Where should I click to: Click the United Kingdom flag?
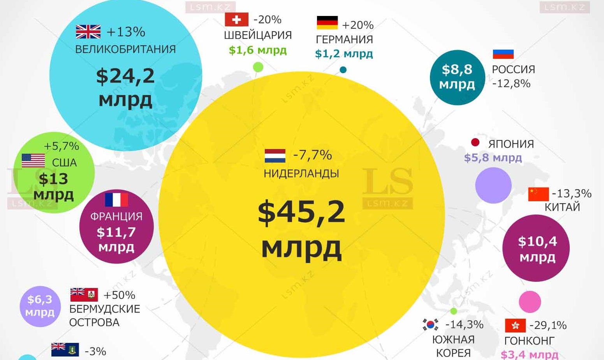click(88, 32)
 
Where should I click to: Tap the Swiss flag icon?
click(236, 19)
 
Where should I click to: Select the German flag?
click(327, 23)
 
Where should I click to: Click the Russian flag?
click(503, 54)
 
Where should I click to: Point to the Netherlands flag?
click(275, 156)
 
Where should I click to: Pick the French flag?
click(116, 200)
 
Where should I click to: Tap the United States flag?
click(33, 160)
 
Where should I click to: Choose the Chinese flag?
click(538, 194)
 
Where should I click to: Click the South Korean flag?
click(430, 324)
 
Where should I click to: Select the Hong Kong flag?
click(515, 325)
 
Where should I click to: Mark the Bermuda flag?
click(84, 295)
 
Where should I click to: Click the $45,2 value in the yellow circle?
click(301, 212)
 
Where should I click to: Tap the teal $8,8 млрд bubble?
click(457, 77)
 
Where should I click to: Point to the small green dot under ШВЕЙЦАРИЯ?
click(258, 67)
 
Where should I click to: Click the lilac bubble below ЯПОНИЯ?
click(493, 185)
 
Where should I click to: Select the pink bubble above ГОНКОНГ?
click(530, 302)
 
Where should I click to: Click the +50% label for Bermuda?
click(119, 295)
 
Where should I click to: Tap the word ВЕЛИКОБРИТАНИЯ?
click(125, 49)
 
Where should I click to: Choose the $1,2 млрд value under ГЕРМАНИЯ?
click(344, 54)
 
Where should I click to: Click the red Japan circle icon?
click(475, 142)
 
